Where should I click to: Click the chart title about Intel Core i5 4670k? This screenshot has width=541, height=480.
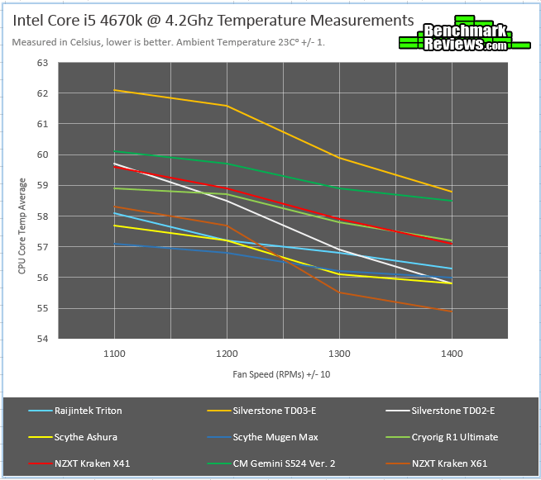point(213,20)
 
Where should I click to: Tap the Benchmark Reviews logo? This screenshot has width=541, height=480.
point(452,38)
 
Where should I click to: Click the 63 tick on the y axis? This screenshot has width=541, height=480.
point(42,63)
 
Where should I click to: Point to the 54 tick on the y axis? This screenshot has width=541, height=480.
point(42,340)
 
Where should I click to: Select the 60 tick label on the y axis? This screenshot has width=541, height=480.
point(42,154)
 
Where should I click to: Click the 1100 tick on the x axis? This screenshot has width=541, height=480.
point(114,353)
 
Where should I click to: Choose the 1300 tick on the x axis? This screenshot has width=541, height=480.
point(338,353)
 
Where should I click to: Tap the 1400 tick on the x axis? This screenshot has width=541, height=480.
point(451,353)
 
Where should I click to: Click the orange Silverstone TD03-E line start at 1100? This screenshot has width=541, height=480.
point(114,90)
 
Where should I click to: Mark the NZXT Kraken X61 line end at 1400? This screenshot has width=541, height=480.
point(451,311)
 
